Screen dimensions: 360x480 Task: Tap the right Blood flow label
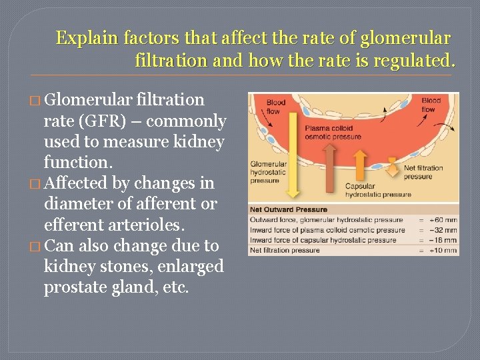tap(431, 105)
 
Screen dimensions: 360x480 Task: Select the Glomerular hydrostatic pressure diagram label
tap(269, 172)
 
